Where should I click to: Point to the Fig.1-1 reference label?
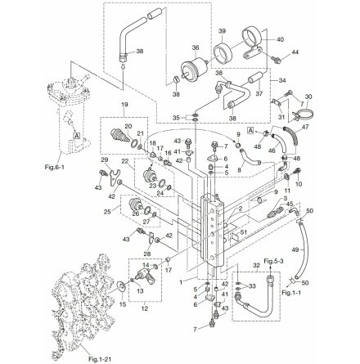click(286, 291)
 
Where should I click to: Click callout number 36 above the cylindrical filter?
click(195, 47)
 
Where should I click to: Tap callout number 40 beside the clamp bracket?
click(280, 39)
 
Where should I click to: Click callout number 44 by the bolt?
click(295, 52)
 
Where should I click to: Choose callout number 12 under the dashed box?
click(145, 308)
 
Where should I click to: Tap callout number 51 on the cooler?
click(242, 233)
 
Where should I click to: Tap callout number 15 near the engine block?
click(123, 302)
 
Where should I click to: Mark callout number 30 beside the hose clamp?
click(308, 97)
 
